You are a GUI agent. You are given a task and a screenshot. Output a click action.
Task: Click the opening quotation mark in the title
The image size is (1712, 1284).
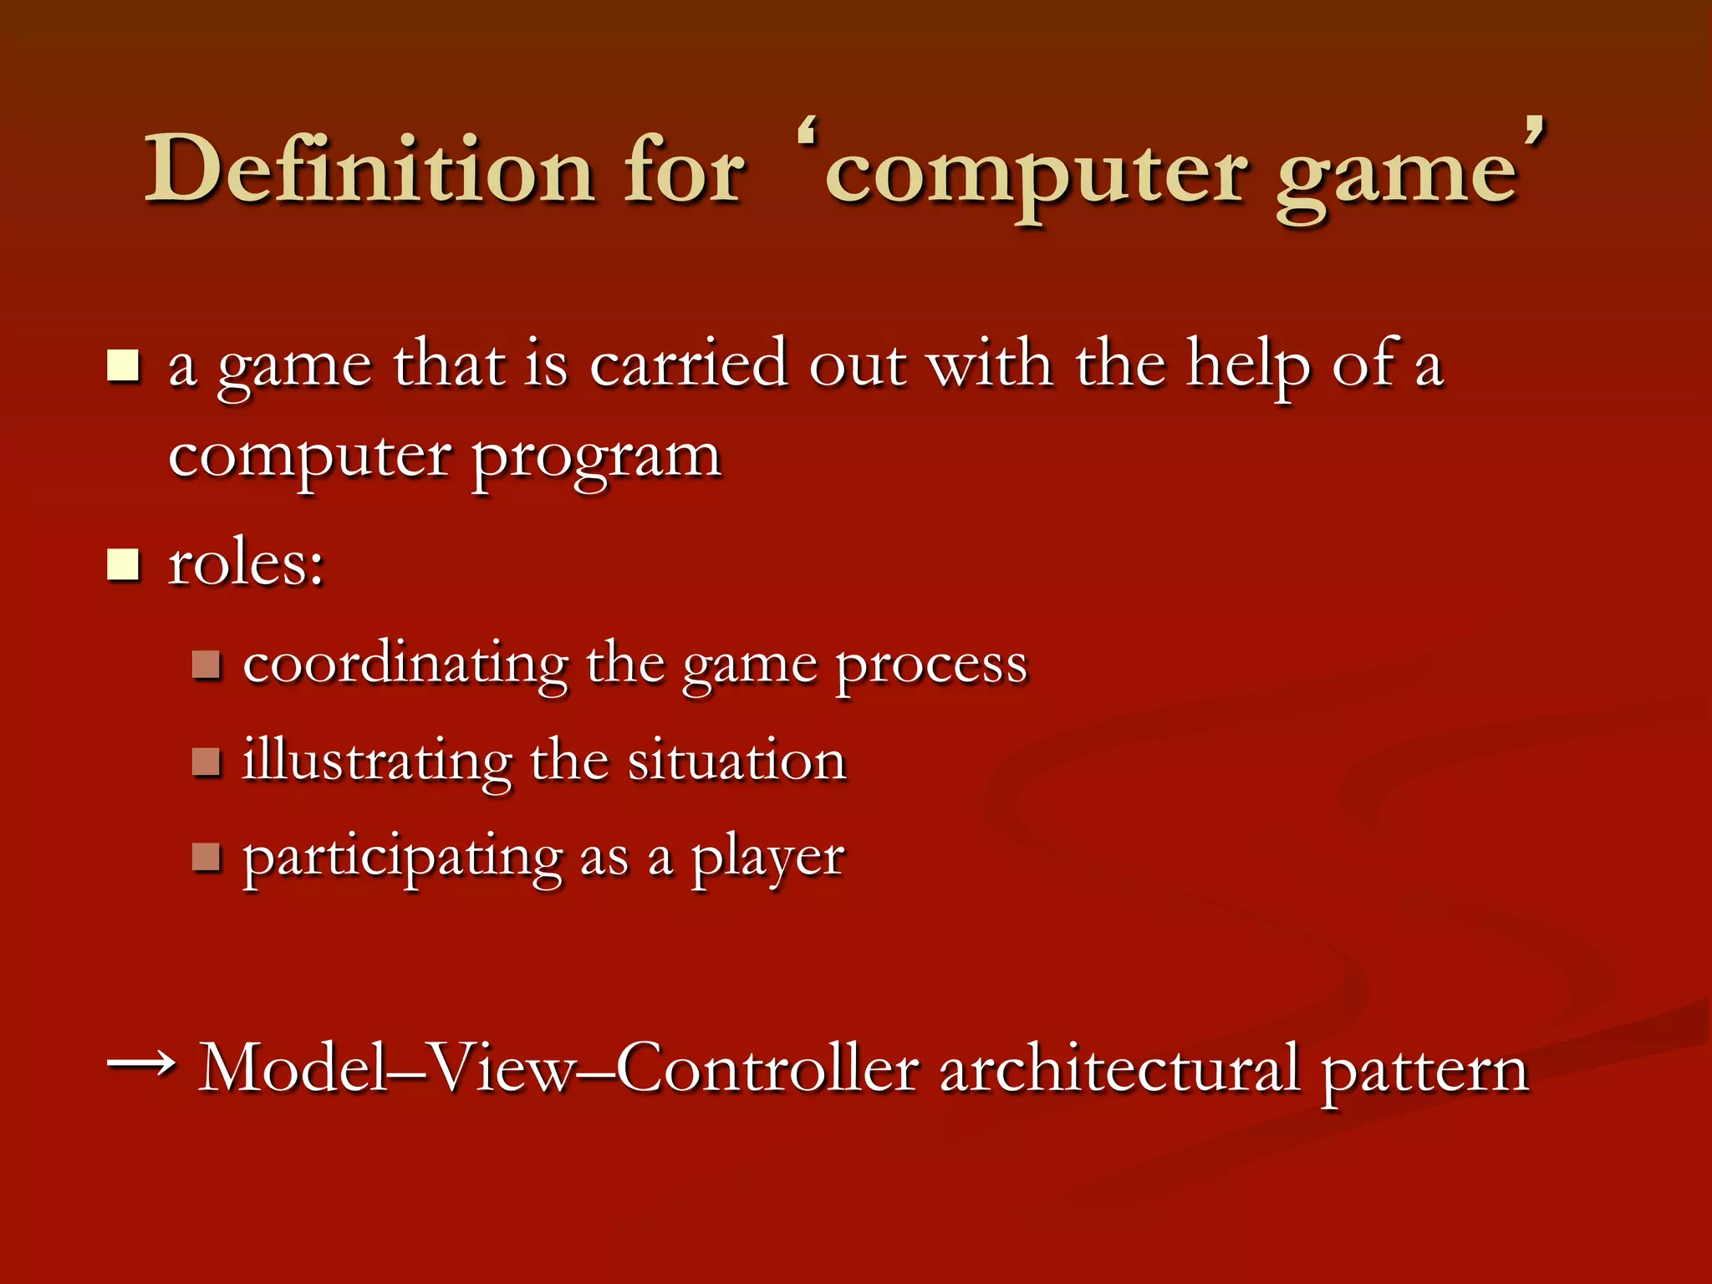[x=808, y=134]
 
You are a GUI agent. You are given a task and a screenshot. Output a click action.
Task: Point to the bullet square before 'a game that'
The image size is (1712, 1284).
[x=124, y=365]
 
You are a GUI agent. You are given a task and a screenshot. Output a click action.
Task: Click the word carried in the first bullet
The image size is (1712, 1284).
[x=688, y=365]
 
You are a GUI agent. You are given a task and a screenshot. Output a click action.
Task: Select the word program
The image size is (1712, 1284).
[x=596, y=461]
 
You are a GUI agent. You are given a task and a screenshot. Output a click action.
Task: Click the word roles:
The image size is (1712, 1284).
[x=246, y=563]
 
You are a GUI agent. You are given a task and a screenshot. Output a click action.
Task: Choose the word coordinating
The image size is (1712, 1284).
[x=406, y=665]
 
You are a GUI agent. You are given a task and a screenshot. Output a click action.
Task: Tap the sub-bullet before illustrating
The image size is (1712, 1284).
[x=206, y=761]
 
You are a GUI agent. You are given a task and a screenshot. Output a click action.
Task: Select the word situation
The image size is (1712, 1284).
[x=736, y=761]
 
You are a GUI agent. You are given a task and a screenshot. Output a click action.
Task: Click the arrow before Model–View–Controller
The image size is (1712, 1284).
[x=141, y=1063]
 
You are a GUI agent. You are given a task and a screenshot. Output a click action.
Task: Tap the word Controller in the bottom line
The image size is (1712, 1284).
[x=768, y=1067]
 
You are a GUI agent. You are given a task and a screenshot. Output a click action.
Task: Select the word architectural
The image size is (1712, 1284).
[x=1120, y=1067]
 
